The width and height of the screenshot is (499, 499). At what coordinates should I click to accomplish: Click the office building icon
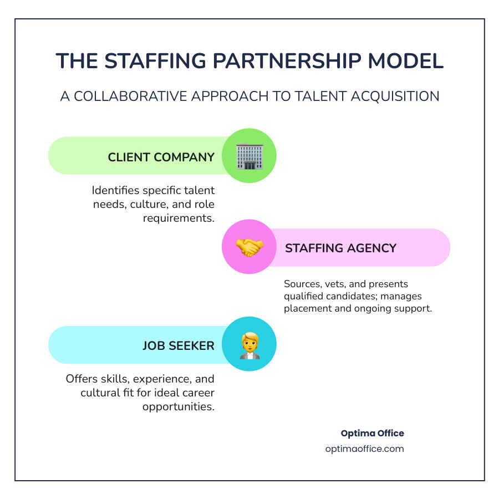click(x=249, y=156)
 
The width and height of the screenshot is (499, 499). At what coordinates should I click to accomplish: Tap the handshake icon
click(x=249, y=247)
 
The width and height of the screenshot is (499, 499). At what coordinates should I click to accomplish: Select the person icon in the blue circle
click(x=249, y=344)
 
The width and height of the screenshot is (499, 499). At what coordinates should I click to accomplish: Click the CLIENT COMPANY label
click(x=161, y=157)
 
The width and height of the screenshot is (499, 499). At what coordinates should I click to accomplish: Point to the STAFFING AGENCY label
click(x=341, y=248)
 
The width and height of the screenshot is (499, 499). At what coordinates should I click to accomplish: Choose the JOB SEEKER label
click(x=178, y=345)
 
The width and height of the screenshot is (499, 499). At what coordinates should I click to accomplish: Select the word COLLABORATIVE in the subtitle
click(x=135, y=96)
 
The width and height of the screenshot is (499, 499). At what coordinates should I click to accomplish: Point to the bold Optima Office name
click(x=372, y=433)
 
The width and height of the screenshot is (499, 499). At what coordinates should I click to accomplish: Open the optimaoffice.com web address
click(x=364, y=449)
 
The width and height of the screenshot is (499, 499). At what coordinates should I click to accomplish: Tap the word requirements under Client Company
click(x=179, y=218)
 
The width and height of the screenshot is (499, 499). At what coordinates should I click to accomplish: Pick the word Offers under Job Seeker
click(x=82, y=379)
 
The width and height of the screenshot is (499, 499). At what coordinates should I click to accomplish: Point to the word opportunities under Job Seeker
click(x=178, y=406)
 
